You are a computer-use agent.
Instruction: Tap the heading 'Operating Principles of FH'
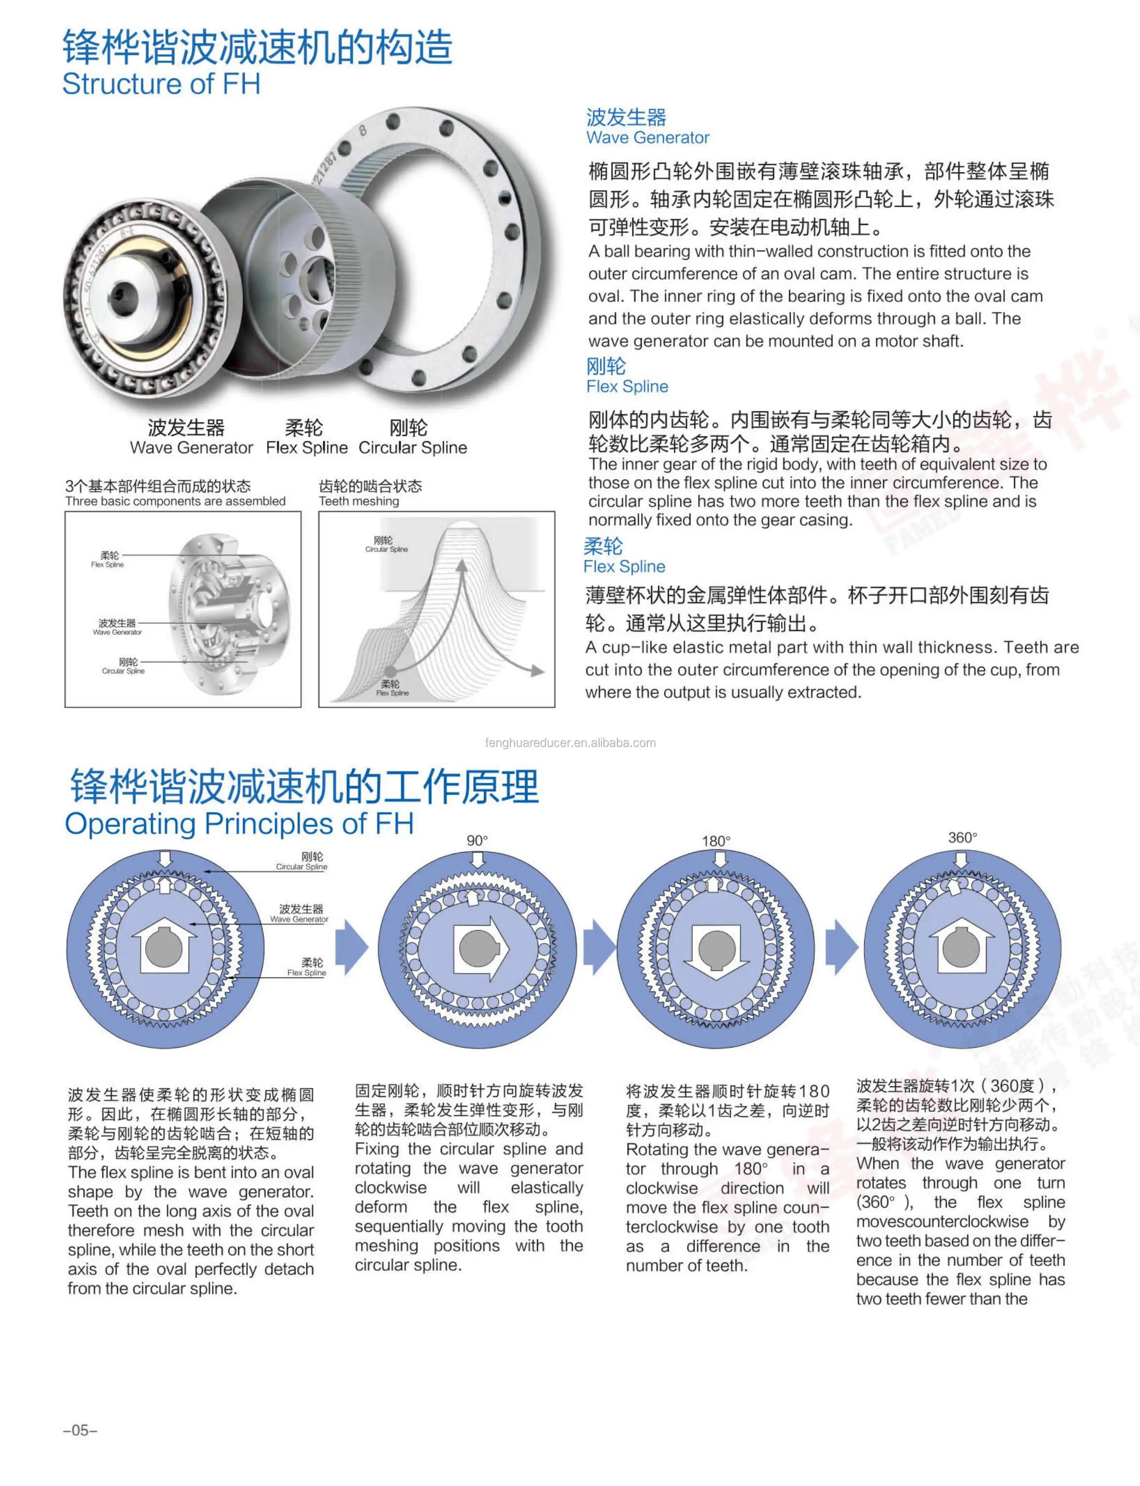239,824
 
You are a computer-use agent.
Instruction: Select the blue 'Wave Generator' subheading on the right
647,138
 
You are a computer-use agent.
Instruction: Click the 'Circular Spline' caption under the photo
413,448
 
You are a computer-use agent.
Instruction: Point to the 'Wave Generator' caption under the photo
191,448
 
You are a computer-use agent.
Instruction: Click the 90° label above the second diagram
477,841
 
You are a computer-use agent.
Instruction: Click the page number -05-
80,1430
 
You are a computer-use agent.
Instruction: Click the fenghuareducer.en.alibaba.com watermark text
570,742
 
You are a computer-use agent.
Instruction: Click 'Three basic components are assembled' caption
175,501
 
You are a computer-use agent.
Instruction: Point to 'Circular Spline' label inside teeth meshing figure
386,549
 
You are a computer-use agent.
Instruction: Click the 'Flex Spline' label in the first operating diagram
307,972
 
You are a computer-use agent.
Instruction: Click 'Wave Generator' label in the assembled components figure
118,632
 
